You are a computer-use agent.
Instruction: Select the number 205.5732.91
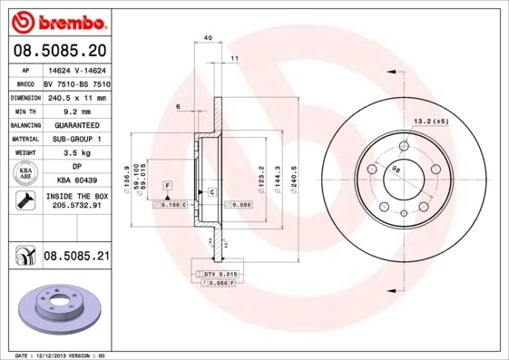click(76, 207)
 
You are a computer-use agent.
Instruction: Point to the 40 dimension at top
click(208, 37)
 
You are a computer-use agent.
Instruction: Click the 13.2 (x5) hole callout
click(431, 121)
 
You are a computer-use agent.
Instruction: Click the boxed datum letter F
click(167, 185)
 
